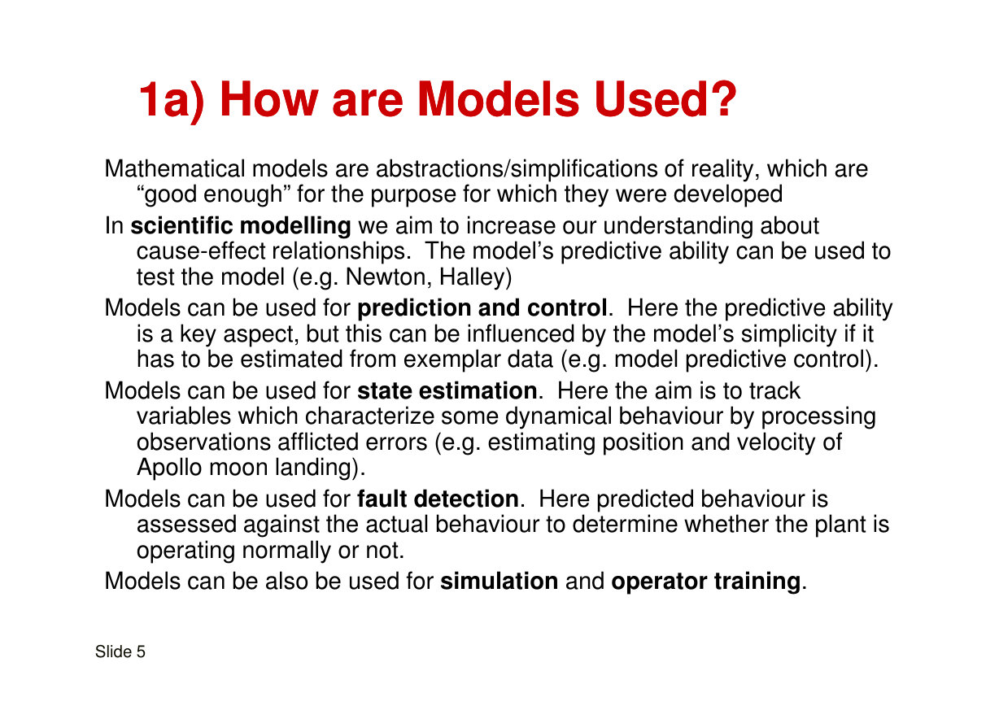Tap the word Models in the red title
click(498, 99)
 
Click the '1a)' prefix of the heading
click(172, 101)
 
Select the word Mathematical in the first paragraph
click(175, 169)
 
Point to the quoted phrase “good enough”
click(214, 195)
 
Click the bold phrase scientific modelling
click(241, 225)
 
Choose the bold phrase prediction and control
click(482, 308)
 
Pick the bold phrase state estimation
click(447, 391)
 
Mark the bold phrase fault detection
click(438, 499)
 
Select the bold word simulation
click(499, 582)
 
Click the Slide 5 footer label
click(120, 652)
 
